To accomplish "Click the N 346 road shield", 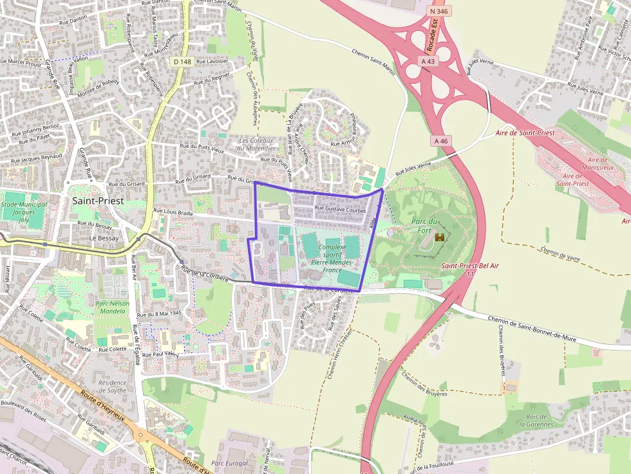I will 440,11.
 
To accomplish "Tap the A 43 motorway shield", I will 428,60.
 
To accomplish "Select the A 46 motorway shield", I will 441,141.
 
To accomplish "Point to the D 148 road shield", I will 182,61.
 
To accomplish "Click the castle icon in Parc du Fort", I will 440,237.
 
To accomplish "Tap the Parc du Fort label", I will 424,226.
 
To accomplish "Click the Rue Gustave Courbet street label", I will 339,210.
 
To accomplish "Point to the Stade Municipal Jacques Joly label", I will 24,212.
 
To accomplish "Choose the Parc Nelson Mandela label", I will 113,307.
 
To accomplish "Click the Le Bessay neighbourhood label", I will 104,238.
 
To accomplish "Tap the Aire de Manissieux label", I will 598,164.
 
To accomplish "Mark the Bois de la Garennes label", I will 536,420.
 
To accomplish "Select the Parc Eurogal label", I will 230,463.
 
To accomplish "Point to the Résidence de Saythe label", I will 113,386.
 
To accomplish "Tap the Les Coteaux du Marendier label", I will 256,144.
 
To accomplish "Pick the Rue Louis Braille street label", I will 174,211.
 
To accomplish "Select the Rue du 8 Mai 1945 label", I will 159,314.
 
